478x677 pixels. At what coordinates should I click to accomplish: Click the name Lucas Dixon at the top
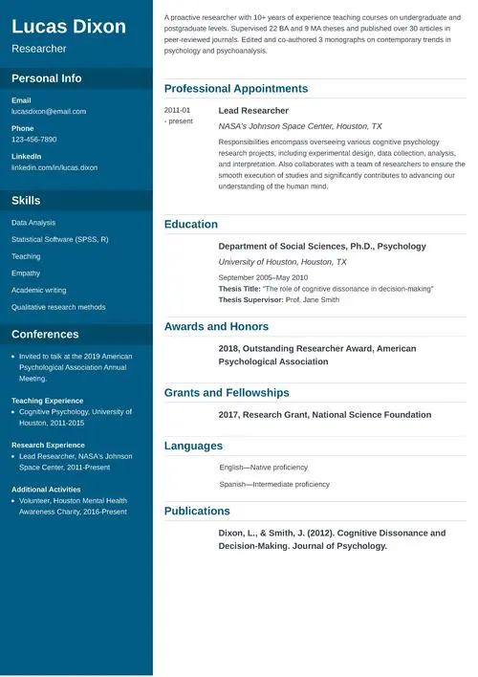tap(69, 27)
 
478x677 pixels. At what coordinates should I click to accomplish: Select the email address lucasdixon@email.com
tap(49, 112)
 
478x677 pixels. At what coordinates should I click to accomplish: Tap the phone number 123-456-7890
tap(34, 140)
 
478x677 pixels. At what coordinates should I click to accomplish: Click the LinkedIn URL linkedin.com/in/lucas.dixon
tap(54, 167)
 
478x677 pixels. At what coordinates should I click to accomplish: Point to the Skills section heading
tap(26, 201)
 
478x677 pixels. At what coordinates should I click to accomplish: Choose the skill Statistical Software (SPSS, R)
tap(59, 239)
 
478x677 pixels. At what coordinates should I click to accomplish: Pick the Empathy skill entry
tap(26, 273)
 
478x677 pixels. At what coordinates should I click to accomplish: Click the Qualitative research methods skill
tap(58, 307)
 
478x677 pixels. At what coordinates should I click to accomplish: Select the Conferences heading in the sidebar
tap(45, 335)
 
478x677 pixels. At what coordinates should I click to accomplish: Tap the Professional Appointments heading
tap(236, 89)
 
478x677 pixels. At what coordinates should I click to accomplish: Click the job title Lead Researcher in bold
tap(253, 111)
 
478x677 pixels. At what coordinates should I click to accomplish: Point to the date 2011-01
tap(177, 111)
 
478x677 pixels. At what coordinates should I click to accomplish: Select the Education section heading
tap(191, 225)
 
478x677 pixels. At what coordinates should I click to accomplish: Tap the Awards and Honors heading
tap(216, 327)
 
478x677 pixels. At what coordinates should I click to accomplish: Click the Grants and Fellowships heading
tap(227, 393)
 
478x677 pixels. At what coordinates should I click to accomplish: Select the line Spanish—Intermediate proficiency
tap(274, 484)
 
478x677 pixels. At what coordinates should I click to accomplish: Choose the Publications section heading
tap(197, 512)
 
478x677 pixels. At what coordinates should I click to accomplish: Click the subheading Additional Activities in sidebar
tap(47, 490)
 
